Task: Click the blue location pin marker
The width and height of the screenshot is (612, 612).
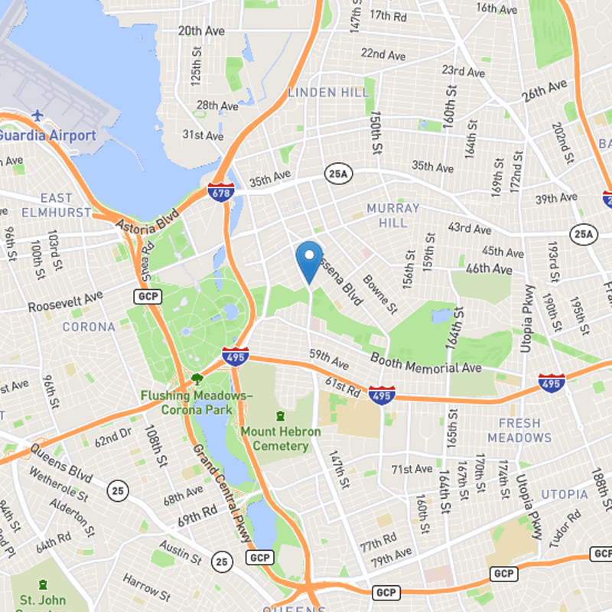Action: click(x=309, y=259)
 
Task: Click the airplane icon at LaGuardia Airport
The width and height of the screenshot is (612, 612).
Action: click(x=37, y=116)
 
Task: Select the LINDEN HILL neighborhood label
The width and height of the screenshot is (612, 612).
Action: click(x=328, y=93)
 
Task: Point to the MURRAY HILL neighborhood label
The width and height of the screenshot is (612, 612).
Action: click(x=393, y=215)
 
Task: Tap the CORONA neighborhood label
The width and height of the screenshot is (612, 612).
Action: click(x=89, y=327)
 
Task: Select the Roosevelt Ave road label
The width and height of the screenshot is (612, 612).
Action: click(x=65, y=301)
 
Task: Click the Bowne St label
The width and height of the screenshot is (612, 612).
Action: click(x=380, y=295)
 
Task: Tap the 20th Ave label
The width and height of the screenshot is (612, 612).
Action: click(x=200, y=31)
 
